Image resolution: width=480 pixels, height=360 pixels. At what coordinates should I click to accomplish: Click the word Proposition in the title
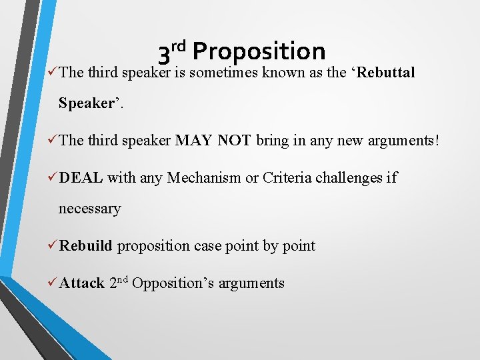(x=259, y=51)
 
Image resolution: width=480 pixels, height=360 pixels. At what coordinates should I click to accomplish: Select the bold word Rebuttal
(x=386, y=72)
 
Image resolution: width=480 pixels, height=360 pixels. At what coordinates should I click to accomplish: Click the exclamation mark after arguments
(x=437, y=140)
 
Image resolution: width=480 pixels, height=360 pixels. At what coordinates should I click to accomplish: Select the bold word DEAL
(x=81, y=177)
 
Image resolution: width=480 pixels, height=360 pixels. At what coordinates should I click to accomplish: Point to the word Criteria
(x=284, y=177)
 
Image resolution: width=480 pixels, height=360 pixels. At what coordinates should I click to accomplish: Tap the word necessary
(x=89, y=209)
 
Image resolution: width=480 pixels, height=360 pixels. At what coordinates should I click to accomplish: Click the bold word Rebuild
(x=85, y=245)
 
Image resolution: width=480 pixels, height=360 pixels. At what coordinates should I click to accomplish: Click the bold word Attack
(x=81, y=283)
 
